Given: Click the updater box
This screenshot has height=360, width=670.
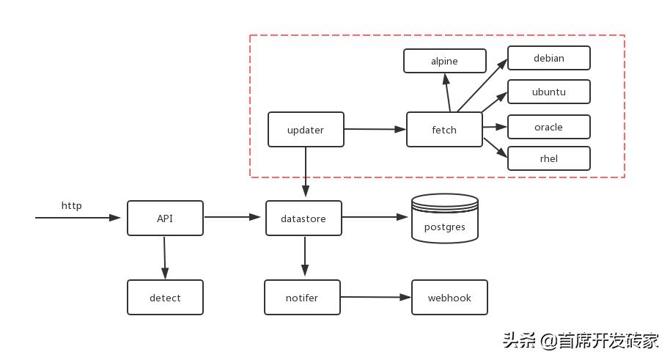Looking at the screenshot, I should coord(306,130).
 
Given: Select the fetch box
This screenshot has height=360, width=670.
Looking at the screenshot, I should coord(444,130).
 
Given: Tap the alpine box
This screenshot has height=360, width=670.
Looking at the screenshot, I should coord(444,61).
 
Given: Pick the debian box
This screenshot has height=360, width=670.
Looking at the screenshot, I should coord(548,58).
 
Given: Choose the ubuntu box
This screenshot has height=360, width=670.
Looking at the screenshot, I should coord(548,92).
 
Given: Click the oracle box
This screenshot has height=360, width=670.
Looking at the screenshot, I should coord(548,127).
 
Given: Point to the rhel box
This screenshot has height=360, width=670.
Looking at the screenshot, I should coord(548,158).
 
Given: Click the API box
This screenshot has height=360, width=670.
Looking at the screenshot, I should coord(165,218).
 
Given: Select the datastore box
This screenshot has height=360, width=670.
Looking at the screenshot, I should coord(303,218).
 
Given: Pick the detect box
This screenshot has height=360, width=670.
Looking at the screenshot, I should coord(165,298).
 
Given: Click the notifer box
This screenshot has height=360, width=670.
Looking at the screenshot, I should coord(302,298).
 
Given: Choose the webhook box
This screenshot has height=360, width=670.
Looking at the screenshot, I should coord(449,298).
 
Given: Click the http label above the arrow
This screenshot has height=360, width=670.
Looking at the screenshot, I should coord(71,205).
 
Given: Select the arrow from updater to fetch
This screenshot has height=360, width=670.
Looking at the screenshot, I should coord(375,129).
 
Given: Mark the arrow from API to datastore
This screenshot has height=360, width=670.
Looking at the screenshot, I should coord(233,217).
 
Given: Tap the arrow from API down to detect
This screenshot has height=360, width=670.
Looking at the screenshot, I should coord(164,257).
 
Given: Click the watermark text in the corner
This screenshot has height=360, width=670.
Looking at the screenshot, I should coord(580,341).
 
